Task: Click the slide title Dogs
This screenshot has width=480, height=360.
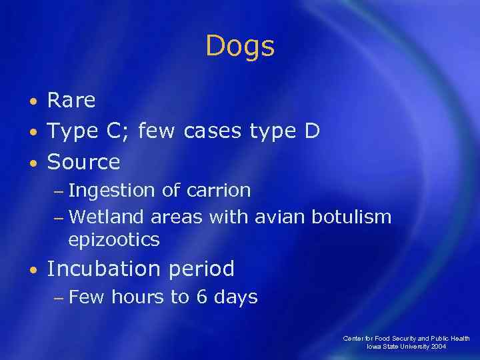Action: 240,47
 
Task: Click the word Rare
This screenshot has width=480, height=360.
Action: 71,101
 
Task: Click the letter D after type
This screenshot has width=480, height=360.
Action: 311,131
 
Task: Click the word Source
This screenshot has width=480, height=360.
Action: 83,162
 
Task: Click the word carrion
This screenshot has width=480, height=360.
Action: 218,191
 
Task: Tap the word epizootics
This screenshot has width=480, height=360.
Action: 113,239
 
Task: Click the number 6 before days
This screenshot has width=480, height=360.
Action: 201,297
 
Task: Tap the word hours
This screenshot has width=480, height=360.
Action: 137,297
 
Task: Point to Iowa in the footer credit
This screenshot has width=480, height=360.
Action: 375,347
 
